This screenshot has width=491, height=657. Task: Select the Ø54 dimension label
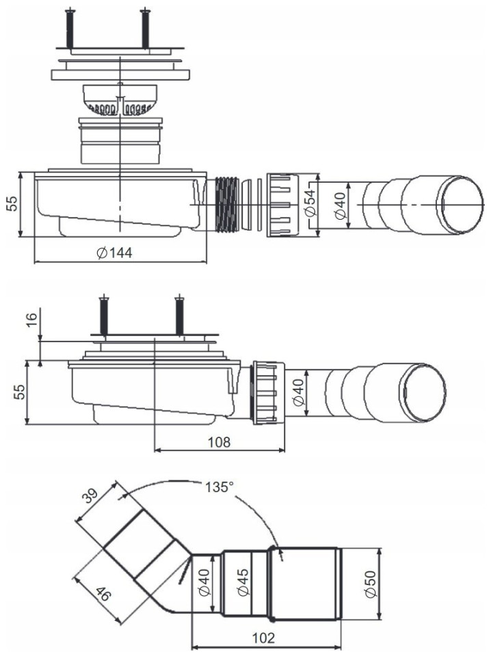[310, 203]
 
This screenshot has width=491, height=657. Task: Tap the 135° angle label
[220, 488]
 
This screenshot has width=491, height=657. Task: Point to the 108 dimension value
[220, 441]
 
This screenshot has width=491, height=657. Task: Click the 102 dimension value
[264, 638]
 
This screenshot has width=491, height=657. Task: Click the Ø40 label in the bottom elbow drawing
[202, 583]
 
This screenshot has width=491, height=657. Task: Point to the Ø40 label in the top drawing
[341, 204]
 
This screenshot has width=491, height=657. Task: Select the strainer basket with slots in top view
[120, 101]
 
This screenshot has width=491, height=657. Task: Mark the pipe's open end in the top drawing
[460, 204]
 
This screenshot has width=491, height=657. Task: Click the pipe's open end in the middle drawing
[422, 394]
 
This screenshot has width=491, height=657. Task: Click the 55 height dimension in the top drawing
[13, 205]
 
